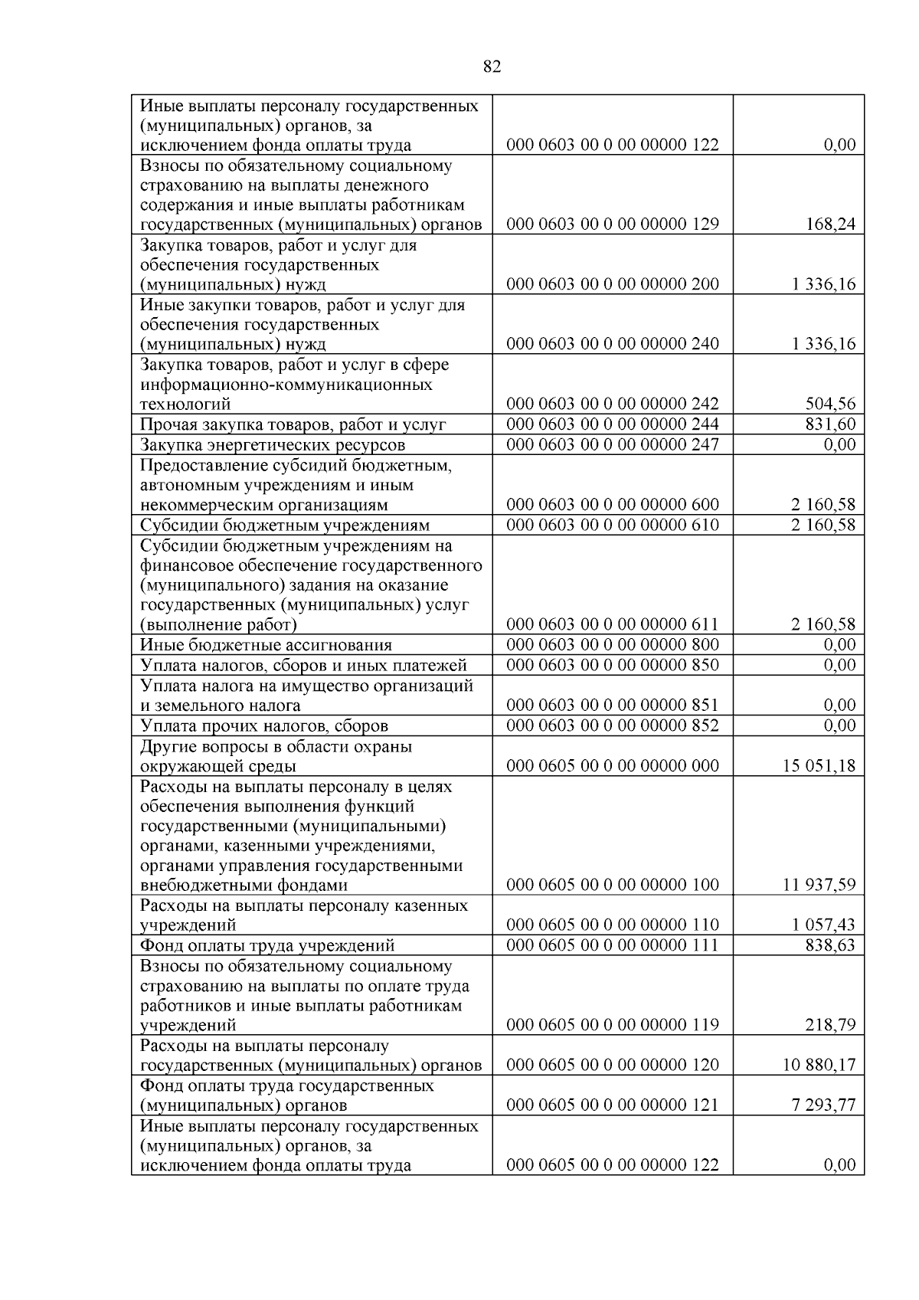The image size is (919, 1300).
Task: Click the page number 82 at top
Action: point(492,67)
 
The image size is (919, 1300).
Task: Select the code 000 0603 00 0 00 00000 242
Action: point(613,404)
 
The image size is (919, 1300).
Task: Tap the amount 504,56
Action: point(830,404)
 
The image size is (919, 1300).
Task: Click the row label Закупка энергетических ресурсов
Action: point(273,445)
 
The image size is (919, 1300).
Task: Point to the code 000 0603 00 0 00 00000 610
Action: point(613,525)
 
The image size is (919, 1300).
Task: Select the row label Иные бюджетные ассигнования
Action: point(266,645)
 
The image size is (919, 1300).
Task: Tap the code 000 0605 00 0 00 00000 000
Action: point(613,765)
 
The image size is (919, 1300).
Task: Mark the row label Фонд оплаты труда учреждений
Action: point(267,945)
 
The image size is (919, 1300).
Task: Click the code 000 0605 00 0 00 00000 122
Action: point(613,1165)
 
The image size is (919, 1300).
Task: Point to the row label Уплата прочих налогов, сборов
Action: point(264,725)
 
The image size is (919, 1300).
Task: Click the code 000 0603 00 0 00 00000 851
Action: point(613,706)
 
